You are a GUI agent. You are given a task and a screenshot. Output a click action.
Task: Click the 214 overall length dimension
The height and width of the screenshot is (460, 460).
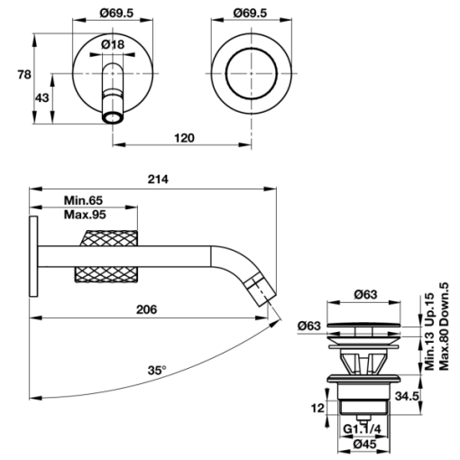coord(158,179)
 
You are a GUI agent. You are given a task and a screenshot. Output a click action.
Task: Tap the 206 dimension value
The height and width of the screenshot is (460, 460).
coord(147,309)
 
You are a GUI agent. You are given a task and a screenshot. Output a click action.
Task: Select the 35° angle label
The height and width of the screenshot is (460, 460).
coord(157,371)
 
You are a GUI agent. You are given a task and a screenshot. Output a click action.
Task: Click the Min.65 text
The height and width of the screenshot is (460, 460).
coord(83,200)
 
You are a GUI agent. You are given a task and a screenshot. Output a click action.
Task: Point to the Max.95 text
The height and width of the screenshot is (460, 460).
coord(85,215)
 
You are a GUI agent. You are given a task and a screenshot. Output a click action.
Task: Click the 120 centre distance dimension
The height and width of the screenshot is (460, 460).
coord(184,138)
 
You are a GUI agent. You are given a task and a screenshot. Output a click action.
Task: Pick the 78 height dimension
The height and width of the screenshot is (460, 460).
coord(24,74)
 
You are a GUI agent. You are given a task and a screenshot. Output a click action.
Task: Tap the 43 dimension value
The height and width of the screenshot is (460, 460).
coord(42,98)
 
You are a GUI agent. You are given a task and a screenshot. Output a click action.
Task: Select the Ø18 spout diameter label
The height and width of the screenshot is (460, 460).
coord(113,45)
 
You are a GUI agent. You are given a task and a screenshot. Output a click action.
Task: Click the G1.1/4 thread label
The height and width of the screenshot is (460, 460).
coord(362,429)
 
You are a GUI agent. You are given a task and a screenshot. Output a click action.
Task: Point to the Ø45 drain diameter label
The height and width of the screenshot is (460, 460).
coord(364,445)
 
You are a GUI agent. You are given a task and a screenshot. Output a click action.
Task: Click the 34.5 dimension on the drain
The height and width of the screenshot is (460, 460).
coord(407,396)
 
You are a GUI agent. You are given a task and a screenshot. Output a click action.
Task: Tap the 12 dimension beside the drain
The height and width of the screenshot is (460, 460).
coord(317,409)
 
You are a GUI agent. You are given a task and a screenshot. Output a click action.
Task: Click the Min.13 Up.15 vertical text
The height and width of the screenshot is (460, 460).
coord(429,331)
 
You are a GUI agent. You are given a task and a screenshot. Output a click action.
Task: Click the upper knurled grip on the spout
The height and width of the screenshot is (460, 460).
coord(108,238)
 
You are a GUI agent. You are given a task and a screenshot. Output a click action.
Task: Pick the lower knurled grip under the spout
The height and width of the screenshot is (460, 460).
coord(106,274)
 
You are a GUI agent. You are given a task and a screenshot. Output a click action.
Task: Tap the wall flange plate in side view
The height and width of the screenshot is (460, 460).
coord(33,256)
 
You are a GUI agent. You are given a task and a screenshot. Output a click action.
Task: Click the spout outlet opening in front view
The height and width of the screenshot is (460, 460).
coord(113,117)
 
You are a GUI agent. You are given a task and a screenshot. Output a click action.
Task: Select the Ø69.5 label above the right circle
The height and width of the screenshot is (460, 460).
coord(251,14)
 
